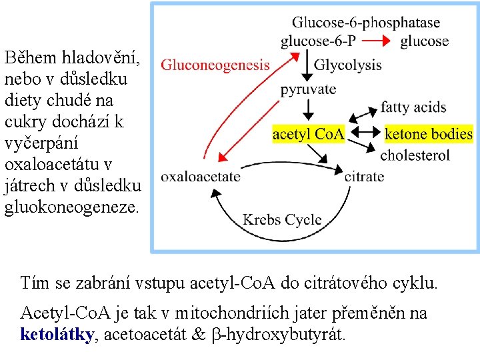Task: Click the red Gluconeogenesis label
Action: (215, 65)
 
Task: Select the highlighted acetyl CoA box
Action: (309, 134)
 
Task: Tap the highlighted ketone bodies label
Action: (429, 134)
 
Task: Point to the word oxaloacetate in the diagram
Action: (201, 177)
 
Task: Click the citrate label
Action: (364, 177)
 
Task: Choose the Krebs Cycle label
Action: (282, 219)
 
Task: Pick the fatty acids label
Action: (413, 107)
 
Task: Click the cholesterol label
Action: (415, 155)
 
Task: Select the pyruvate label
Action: (308, 89)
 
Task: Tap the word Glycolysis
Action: (347, 65)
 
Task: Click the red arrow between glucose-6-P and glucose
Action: (376, 41)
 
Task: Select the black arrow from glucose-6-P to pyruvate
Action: (308, 65)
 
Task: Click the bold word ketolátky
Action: (57, 334)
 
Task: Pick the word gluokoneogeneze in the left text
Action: (71, 207)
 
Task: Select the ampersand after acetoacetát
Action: (198, 334)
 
